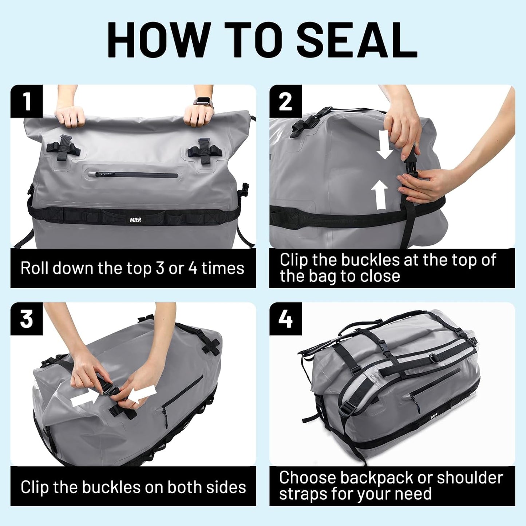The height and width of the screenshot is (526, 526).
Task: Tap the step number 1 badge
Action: click(x=27, y=102)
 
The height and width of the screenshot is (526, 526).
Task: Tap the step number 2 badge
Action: click(x=285, y=102)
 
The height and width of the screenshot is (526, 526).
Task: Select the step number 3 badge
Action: click(x=27, y=319)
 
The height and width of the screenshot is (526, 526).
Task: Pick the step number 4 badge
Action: click(x=285, y=319)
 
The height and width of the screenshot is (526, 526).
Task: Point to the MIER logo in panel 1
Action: click(x=135, y=220)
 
